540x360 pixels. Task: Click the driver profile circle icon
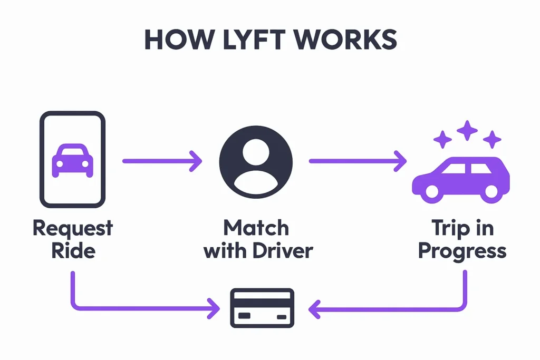coord(256,160)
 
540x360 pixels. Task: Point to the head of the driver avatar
coord(256,150)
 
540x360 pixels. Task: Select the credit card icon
coord(263,308)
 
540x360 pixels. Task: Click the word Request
coord(73,228)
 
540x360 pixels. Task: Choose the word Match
coord(256,228)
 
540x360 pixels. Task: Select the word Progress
coord(462,250)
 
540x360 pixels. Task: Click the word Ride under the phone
coord(73,250)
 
